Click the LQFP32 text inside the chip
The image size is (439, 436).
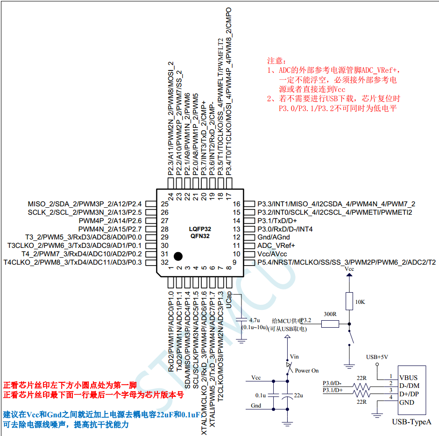coord(200,229)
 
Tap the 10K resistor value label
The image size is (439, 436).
coord(360,302)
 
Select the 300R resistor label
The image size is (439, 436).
coord(330,314)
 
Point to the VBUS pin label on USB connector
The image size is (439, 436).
coord(408,377)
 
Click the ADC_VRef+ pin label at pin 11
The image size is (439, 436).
coord(276,246)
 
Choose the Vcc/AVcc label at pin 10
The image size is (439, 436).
coord(272,254)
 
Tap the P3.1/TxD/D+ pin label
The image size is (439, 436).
coord(277,221)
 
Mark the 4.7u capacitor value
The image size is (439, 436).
coord(255,320)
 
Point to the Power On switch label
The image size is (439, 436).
coord(307,371)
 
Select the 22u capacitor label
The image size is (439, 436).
coord(298,395)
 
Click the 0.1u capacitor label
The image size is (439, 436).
coord(260,395)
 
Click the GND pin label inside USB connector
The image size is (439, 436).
coord(407,402)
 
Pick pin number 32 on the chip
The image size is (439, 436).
coord(164,262)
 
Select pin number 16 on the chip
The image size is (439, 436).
coord(236,204)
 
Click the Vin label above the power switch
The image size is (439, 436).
coord(294,356)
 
